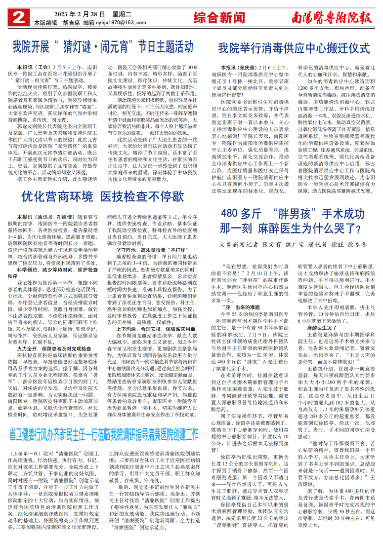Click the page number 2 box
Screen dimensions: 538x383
(x=16, y=18)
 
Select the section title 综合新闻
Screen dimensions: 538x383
(x=219, y=18)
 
